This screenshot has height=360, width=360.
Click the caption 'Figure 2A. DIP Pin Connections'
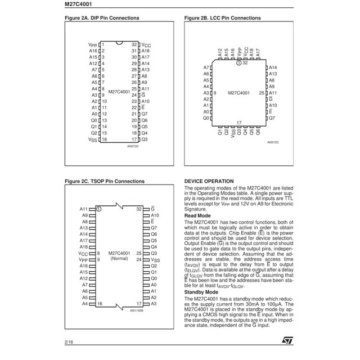coord(102,18)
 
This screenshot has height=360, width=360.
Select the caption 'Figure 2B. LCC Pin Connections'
coord(222,18)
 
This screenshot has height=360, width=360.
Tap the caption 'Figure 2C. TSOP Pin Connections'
coord(105,182)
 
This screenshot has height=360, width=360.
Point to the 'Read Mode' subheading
coord(197,215)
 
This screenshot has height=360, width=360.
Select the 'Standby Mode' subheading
coord(201,292)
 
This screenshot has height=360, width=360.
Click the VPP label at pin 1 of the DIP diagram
coord(93,44)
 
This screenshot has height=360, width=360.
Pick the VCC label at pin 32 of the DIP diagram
coord(146,44)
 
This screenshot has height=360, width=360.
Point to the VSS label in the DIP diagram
coord(93,140)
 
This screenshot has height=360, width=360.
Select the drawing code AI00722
coord(133,147)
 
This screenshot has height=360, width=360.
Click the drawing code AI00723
coord(273,143)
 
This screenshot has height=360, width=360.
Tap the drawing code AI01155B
coord(137,310)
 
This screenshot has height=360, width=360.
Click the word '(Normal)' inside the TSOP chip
coord(119,259)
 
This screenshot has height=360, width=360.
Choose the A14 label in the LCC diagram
coord(273,67)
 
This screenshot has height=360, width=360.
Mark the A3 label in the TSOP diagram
coord(154,304)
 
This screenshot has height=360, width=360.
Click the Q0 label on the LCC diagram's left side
coord(206,119)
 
